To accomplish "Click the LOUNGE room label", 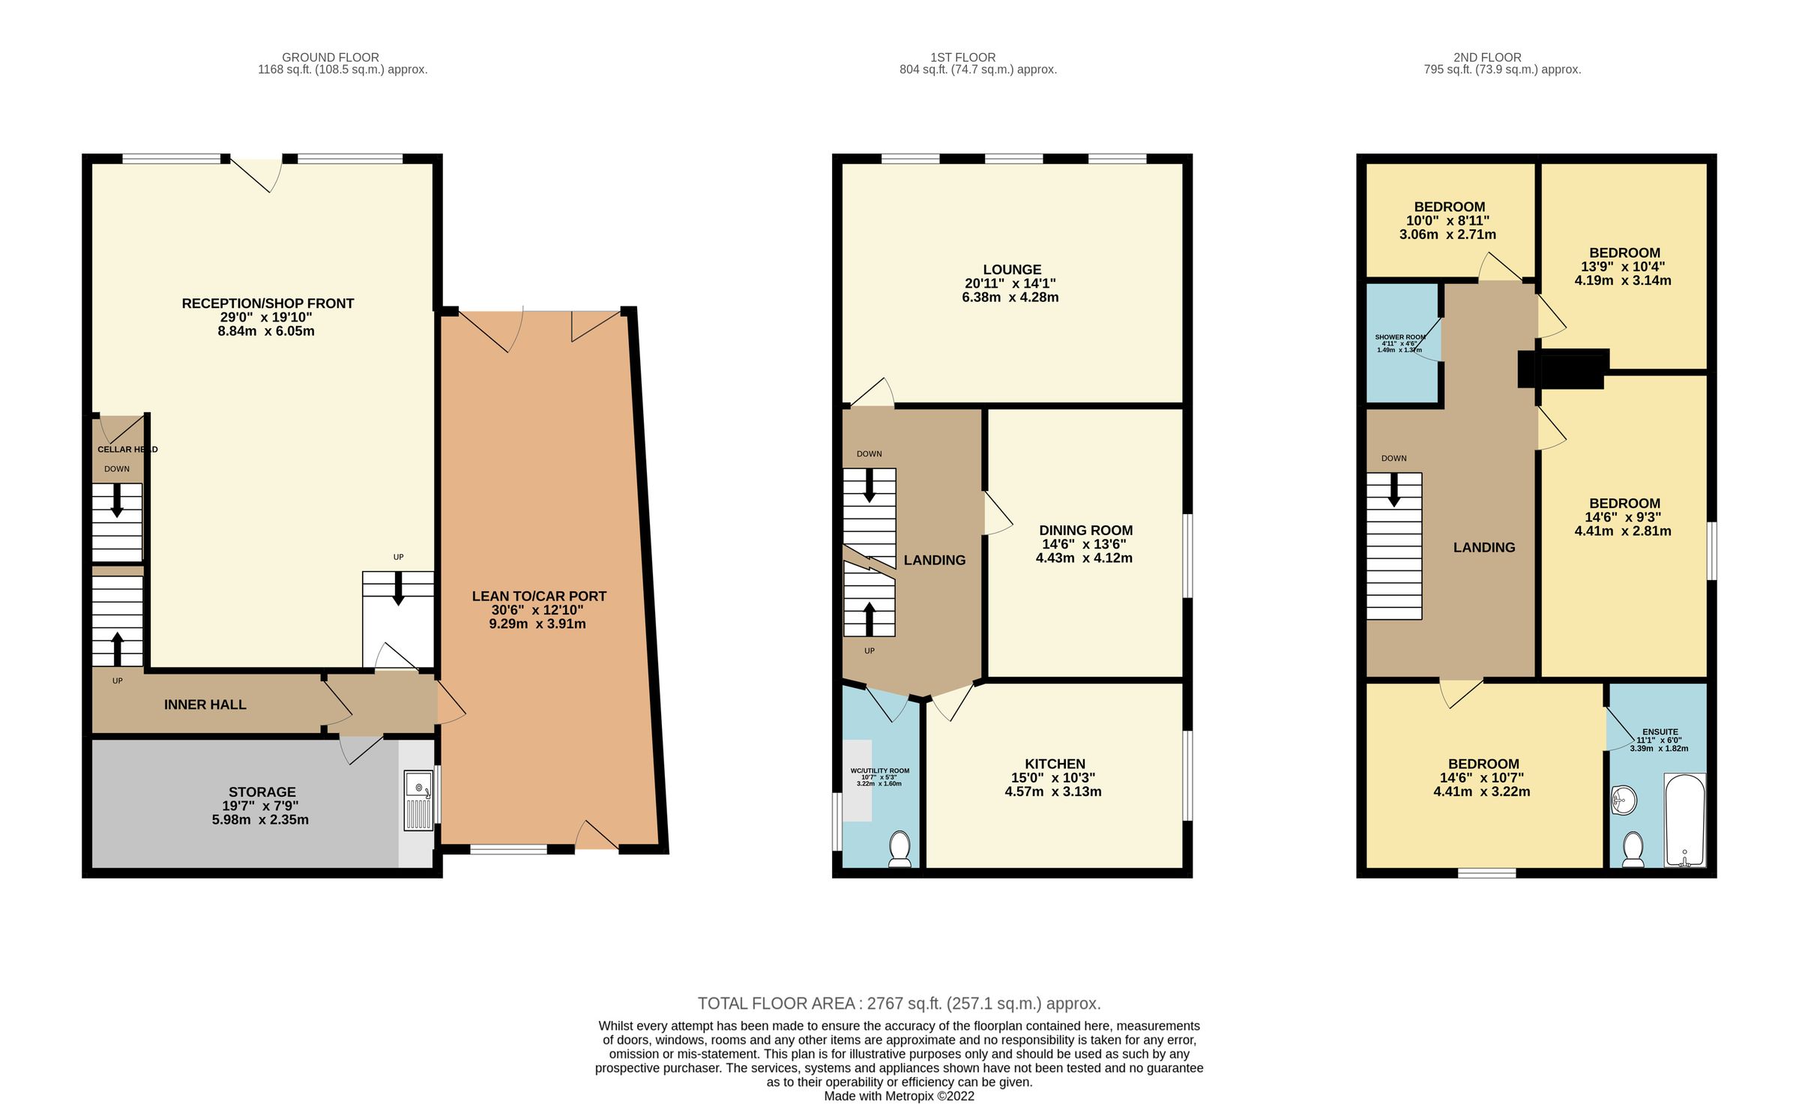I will (x=1012, y=270).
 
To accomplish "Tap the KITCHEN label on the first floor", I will (x=1055, y=764).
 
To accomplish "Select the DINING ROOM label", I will (x=1085, y=531).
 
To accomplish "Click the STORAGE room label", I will (x=262, y=792).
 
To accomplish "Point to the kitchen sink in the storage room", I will (x=418, y=800).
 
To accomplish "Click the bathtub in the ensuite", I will (x=1684, y=821).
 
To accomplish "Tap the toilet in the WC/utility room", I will (x=899, y=849).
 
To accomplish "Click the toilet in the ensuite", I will (x=1633, y=849).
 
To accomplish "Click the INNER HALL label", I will (x=205, y=705).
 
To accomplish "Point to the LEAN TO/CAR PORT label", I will (x=539, y=597).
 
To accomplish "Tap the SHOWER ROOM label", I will (x=1399, y=337).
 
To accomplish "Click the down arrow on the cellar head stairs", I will (x=117, y=501).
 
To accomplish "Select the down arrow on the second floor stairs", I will (x=1393, y=489).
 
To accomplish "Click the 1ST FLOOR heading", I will (x=962, y=58).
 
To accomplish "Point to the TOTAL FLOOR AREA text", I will (x=899, y=1004).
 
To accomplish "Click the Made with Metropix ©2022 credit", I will (x=899, y=1096).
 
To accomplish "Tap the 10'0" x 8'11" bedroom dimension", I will (x=1447, y=221).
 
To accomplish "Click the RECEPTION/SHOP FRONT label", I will (x=268, y=304).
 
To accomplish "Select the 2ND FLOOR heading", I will (x=1486, y=58).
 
